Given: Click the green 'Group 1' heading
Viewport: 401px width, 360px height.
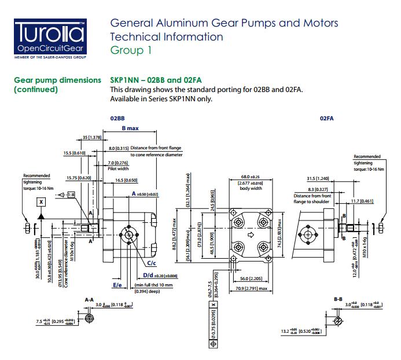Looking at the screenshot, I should click(x=131, y=50).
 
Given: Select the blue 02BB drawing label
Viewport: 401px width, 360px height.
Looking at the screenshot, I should click(x=118, y=117).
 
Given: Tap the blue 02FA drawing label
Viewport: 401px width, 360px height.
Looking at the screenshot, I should click(x=327, y=117).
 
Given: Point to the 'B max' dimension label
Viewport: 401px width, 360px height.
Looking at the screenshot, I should click(x=130, y=128).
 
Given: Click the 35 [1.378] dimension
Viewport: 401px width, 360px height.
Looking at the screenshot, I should click(x=91, y=137).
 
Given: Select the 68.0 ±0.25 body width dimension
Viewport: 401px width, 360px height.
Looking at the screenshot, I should click(x=250, y=177).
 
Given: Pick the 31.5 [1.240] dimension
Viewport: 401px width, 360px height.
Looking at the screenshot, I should click(x=318, y=178).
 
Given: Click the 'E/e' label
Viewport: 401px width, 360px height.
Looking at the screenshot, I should click(x=117, y=285).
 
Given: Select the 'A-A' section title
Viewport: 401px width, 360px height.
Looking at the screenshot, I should click(x=89, y=299).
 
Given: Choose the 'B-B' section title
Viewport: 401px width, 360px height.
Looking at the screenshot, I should click(x=339, y=299).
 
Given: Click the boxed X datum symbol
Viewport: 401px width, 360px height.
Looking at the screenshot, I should click(x=42, y=202).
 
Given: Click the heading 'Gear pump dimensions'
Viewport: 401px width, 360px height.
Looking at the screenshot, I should click(x=57, y=80).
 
